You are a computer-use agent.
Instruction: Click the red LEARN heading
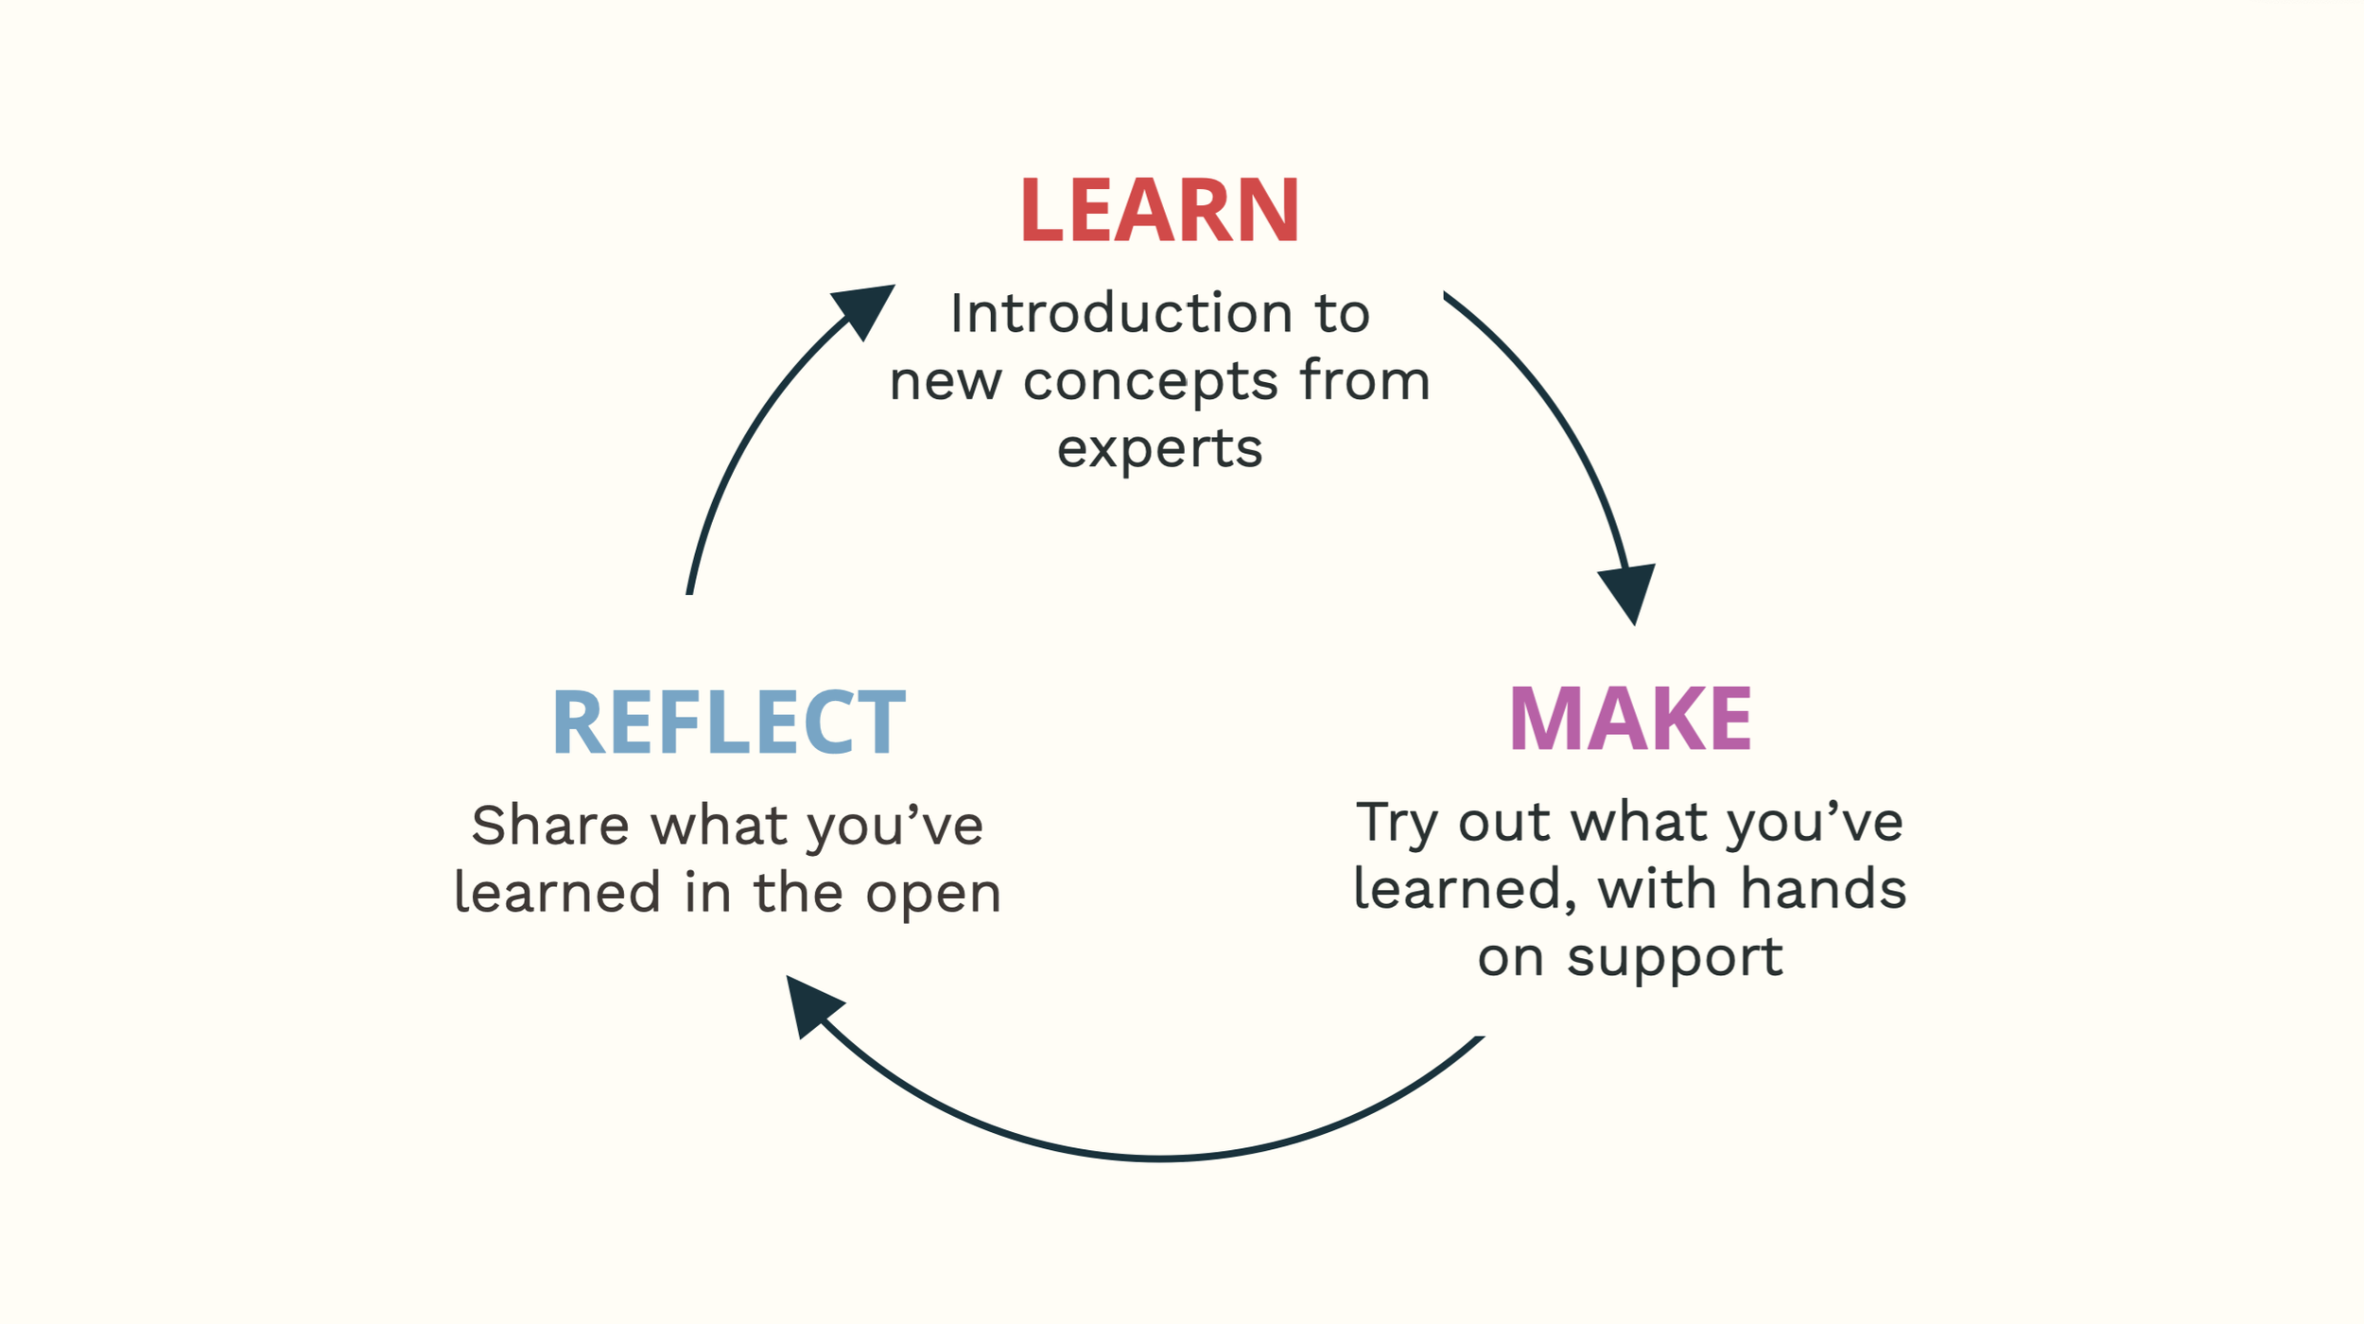pyautogui.click(x=1159, y=210)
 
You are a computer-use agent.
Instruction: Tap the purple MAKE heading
pyautogui.click(x=1629, y=720)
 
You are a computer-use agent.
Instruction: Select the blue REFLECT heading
pyautogui.click(x=728, y=723)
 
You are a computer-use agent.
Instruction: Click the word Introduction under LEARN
pyautogui.click(x=1121, y=313)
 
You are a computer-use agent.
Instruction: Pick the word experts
pyautogui.click(x=1159, y=448)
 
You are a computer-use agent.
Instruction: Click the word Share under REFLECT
pyautogui.click(x=550, y=826)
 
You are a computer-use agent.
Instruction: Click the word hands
pyautogui.click(x=1822, y=890)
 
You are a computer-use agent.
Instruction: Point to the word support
pyautogui.click(x=1675, y=956)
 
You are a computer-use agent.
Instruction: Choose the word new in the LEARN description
pyautogui.click(x=945, y=381)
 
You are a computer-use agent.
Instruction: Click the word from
pyautogui.click(x=1365, y=380)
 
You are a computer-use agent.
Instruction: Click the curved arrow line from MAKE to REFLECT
pyautogui.click(x=1159, y=1158)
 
